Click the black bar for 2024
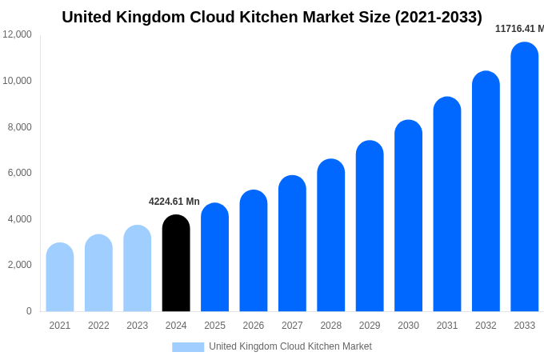coord(176,263)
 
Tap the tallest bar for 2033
coord(525,177)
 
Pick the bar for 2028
coord(331,235)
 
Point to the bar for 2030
coord(408,216)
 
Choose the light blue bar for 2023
coord(138,268)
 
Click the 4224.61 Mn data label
coord(174,202)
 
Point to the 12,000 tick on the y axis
coord(18,34)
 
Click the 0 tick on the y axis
coord(29,311)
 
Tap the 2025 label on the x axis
coord(214,326)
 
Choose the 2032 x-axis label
coord(486,326)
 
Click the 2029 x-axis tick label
coord(370,326)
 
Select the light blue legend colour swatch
coord(188,346)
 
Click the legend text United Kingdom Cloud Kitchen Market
coord(290,346)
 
